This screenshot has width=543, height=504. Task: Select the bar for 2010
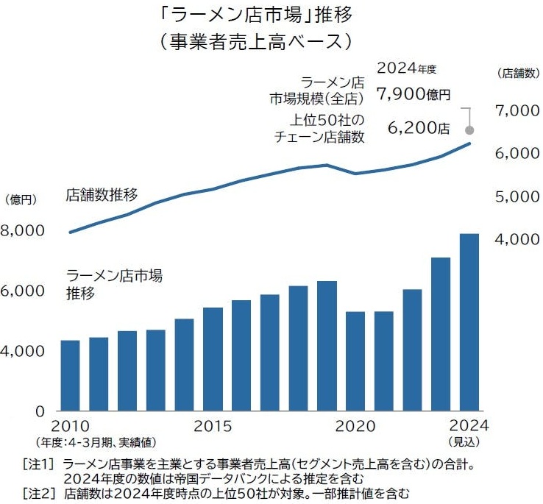click(x=70, y=375)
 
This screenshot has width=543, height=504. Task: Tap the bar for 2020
click(x=355, y=361)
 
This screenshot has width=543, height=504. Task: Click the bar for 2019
click(x=327, y=345)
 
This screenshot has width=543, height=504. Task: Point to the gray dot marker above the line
click(x=469, y=130)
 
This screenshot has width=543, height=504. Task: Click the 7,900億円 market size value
click(x=412, y=94)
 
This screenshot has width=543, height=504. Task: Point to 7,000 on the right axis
click(x=519, y=110)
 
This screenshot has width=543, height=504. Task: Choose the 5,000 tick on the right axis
click(x=519, y=196)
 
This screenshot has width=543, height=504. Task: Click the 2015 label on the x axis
click(x=213, y=427)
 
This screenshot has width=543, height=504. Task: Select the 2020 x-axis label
click(x=355, y=427)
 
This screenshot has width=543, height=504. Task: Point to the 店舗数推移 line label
click(x=101, y=196)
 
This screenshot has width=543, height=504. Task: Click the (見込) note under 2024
click(x=464, y=441)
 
